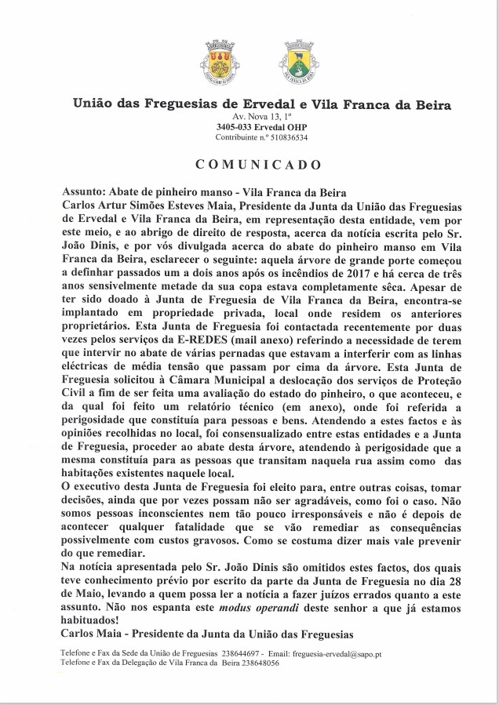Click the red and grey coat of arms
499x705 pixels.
223,62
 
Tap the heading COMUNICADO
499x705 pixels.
258,165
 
